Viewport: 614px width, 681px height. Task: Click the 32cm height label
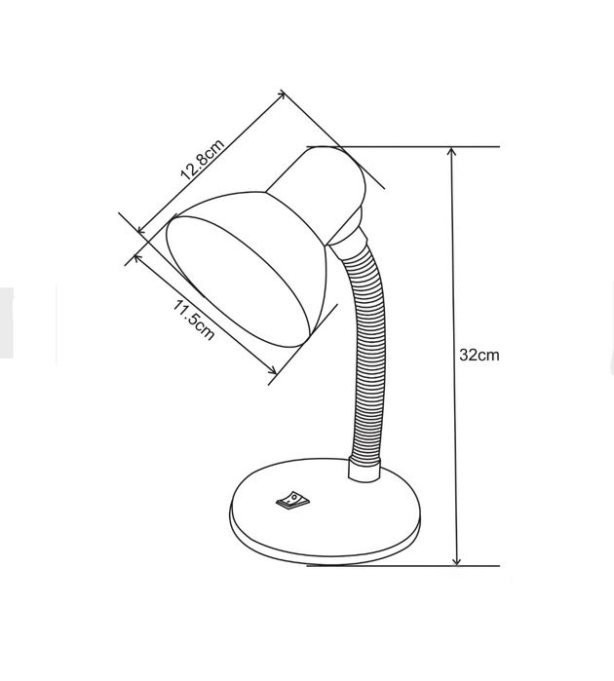pos(480,355)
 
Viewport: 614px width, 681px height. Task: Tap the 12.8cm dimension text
pos(203,160)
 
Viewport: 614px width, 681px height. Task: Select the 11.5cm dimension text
pos(194,320)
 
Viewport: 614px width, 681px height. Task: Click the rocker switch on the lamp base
pos(293,500)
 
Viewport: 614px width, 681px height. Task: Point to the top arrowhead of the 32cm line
pos(452,151)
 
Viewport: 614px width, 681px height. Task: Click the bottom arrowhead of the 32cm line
pos(456,561)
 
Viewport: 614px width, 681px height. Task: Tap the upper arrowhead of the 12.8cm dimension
pos(282,94)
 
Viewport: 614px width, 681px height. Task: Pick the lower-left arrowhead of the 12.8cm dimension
pos(140,229)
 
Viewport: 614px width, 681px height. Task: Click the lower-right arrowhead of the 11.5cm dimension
pos(273,371)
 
